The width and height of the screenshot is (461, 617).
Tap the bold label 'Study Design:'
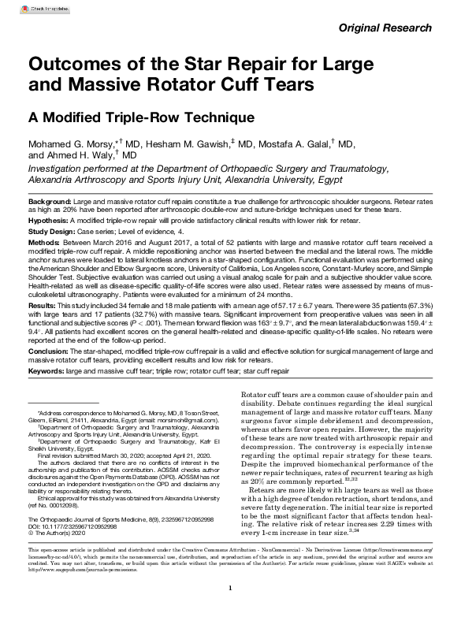coord(54,232)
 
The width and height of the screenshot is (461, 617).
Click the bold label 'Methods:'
coord(43,243)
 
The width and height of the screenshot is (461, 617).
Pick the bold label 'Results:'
coord(42,303)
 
